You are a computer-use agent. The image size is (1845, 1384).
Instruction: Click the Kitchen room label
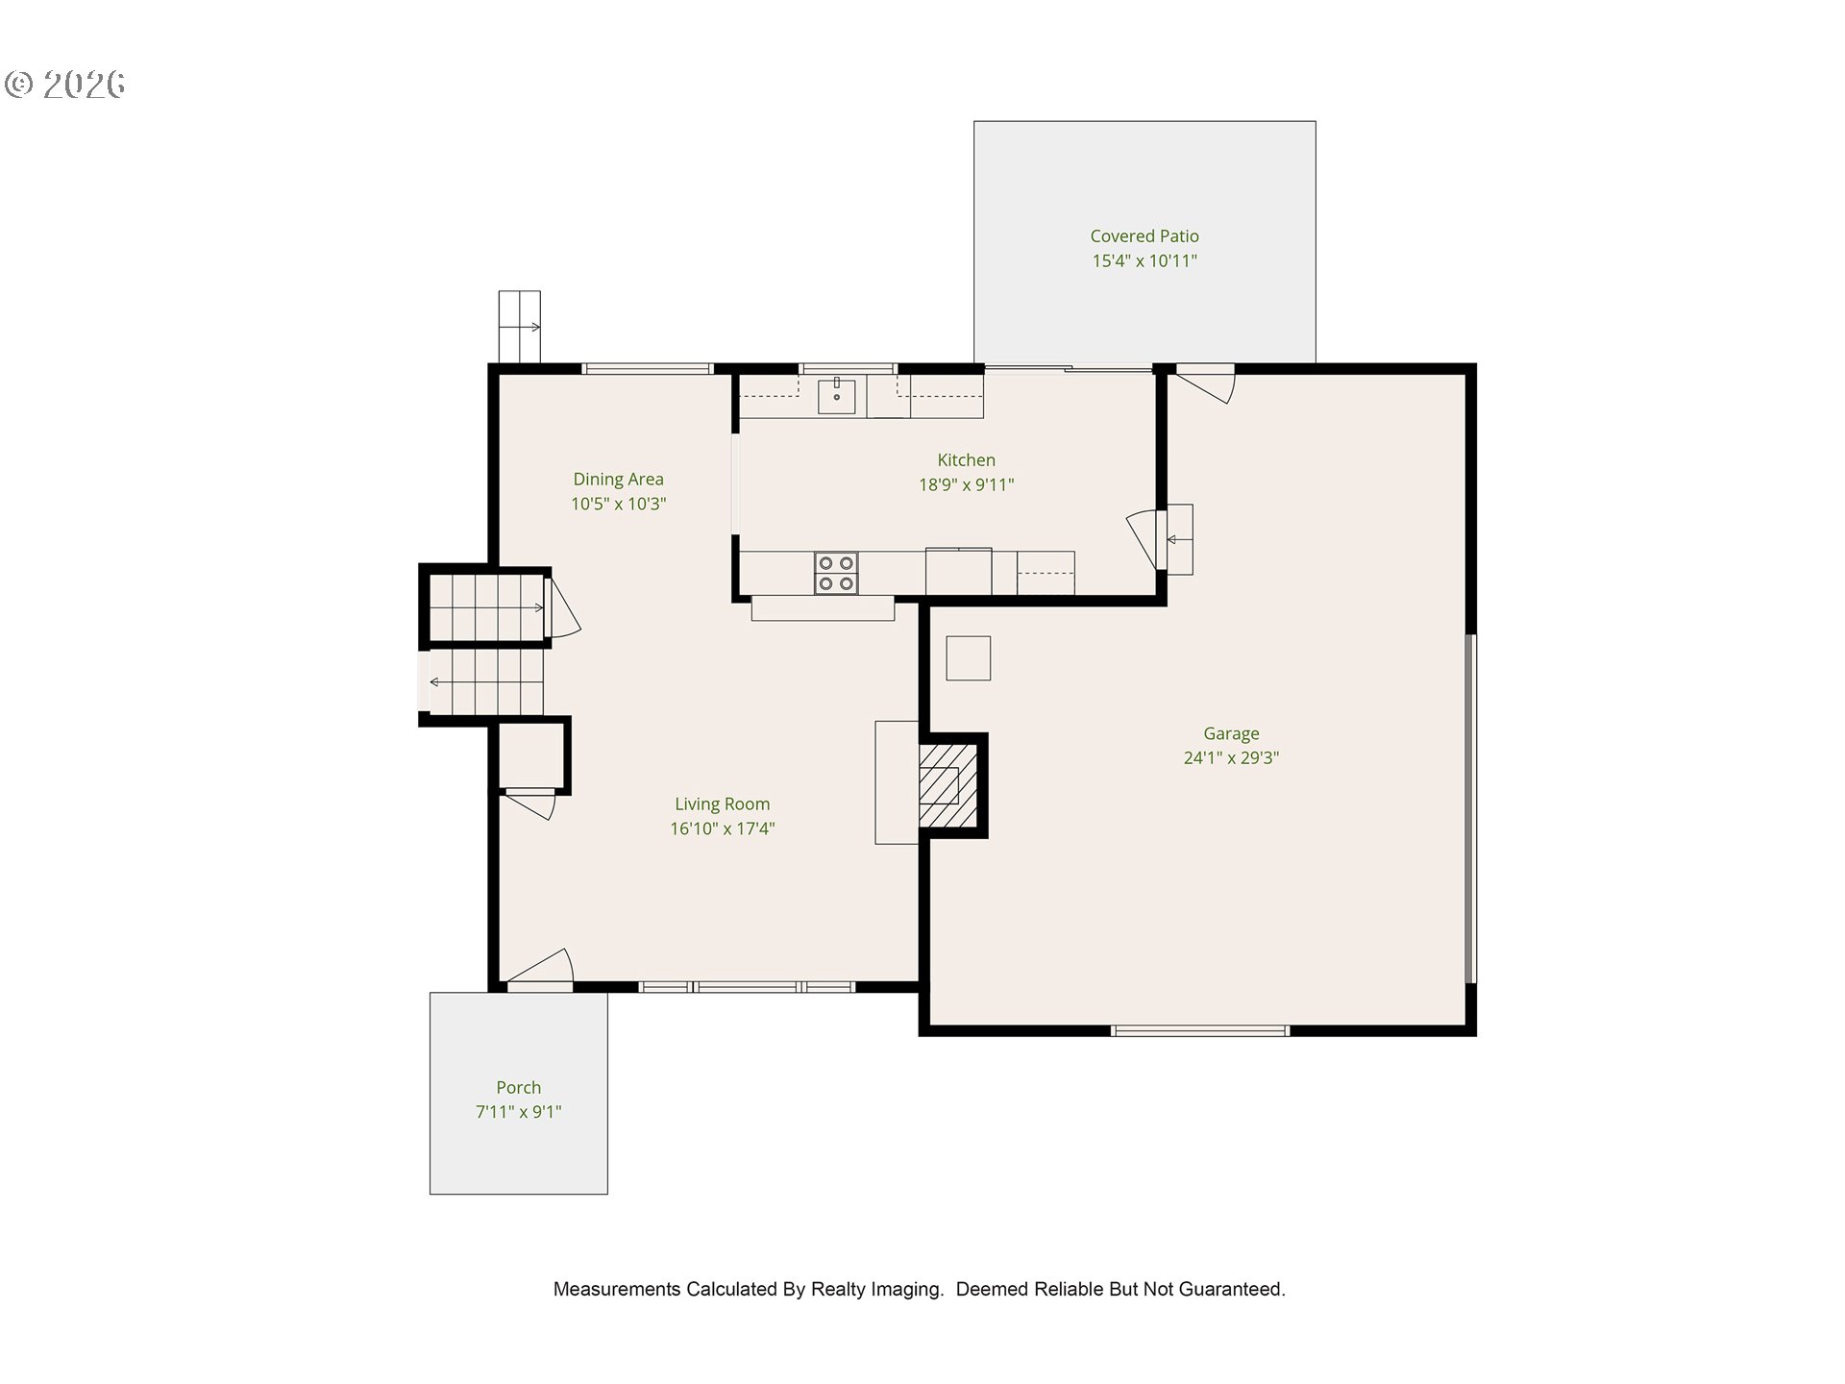[966, 460]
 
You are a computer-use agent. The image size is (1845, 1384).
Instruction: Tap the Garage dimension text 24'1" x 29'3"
[1231, 758]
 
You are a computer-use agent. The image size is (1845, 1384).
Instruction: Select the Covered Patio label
[1144, 235]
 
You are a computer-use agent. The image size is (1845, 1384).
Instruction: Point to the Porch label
[519, 1088]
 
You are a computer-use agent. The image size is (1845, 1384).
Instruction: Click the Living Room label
[722, 804]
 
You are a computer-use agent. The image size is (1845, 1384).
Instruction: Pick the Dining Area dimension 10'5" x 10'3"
[618, 504]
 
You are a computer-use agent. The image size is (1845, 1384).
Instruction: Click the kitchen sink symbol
[837, 395]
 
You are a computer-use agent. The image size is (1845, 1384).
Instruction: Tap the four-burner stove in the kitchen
[836, 573]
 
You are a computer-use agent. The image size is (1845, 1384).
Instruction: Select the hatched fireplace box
[947, 784]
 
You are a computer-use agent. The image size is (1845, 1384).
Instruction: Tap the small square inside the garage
[968, 658]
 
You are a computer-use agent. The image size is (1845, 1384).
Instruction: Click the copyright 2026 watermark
[65, 85]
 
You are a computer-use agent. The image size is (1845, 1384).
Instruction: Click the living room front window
[747, 987]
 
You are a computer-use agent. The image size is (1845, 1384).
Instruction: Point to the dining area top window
[648, 368]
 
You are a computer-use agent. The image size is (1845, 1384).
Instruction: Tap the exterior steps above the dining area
[519, 327]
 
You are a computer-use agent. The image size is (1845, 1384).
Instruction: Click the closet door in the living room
[531, 803]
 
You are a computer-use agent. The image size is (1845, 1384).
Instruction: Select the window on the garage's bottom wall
[1200, 1031]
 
